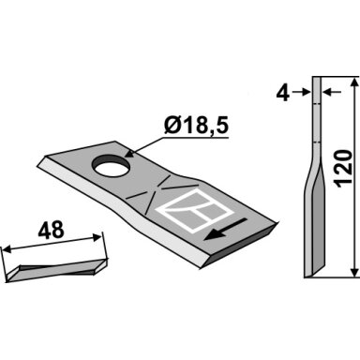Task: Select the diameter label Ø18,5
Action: click(x=196, y=126)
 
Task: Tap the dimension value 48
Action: click(x=51, y=231)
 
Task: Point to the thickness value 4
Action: click(x=283, y=93)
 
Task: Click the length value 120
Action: click(x=344, y=169)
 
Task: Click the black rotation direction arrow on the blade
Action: click(x=224, y=230)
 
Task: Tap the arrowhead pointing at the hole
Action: click(x=129, y=154)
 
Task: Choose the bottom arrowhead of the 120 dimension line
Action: click(x=353, y=271)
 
